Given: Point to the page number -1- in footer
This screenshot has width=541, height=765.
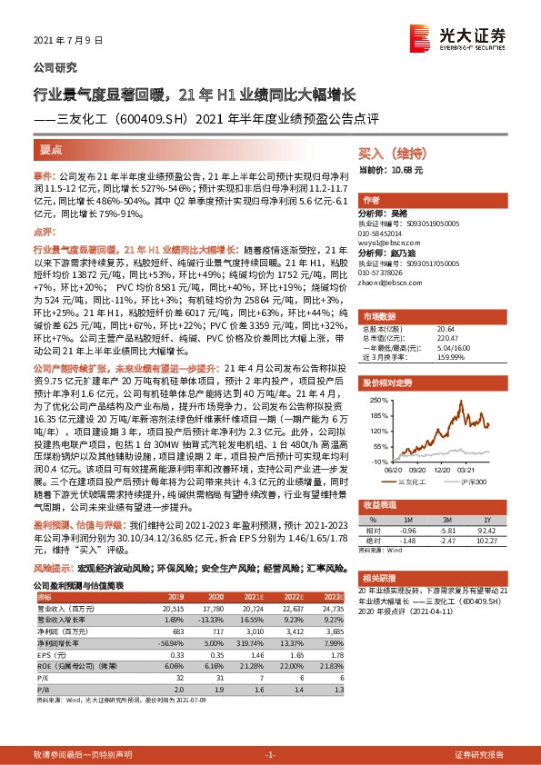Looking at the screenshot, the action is (x=270, y=755).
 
